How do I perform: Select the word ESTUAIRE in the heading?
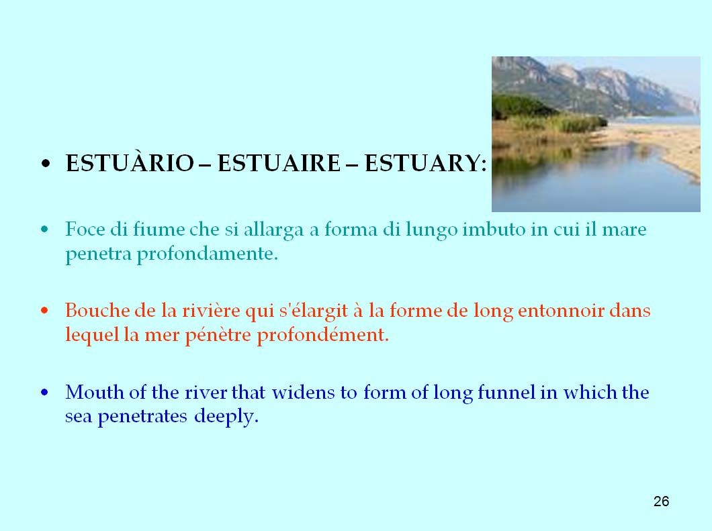coord(279,163)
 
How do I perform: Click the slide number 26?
coord(661,501)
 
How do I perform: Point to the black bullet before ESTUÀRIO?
coord(45,164)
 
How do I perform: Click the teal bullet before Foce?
coord(44,230)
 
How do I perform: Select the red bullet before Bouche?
coord(44,311)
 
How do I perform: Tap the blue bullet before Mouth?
coord(44,392)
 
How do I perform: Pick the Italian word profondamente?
coord(207,254)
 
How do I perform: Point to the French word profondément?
coord(323,336)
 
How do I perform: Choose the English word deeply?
coord(226,417)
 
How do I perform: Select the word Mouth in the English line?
coord(95,392)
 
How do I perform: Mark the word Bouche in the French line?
coord(97,311)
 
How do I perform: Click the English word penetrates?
coord(142,417)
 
